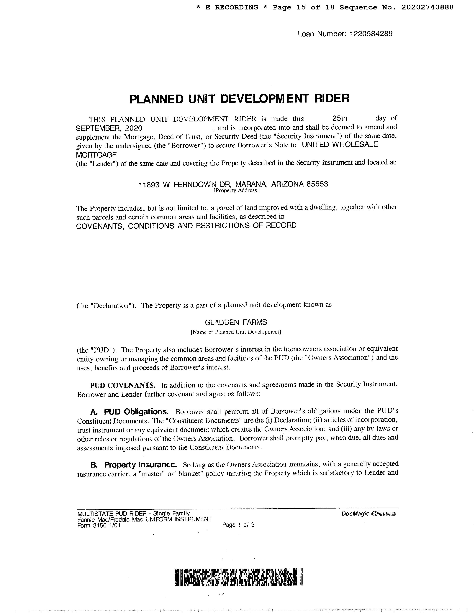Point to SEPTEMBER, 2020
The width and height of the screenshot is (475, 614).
109,128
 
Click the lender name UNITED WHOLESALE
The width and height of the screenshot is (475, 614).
340,144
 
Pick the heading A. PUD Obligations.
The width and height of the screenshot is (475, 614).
130,412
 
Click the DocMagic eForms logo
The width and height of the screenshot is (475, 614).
369,514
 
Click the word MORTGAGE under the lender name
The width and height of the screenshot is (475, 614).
96,155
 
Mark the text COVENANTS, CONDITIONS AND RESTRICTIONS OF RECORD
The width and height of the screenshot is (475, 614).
186,225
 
